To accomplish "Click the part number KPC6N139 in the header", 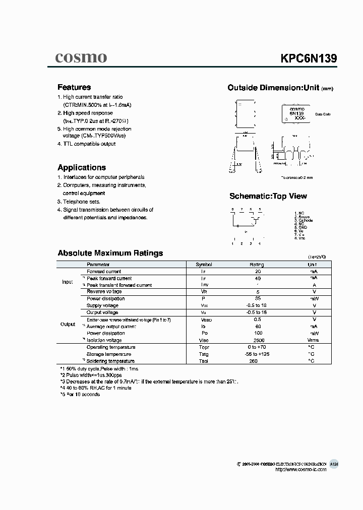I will click(x=309, y=58).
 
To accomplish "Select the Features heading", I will click(x=74, y=87).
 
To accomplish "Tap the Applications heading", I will click(x=82, y=167).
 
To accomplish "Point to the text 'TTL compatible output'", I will click(x=89, y=144).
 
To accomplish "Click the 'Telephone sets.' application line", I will click(x=82, y=202).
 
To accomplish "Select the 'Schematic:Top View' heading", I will click(x=268, y=196).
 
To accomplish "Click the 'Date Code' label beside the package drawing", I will click(x=323, y=115).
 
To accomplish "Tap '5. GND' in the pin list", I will click(x=301, y=227).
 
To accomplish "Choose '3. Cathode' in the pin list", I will click(x=304, y=220).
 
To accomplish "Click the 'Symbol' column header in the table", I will click(x=204, y=265).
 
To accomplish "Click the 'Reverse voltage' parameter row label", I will click(x=104, y=291).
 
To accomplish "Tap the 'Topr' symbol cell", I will click(x=204, y=347).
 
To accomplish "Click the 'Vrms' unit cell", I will click(x=312, y=340).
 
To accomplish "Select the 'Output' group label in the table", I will click(x=68, y=325).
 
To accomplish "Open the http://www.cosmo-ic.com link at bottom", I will click(x=301, y=469).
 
